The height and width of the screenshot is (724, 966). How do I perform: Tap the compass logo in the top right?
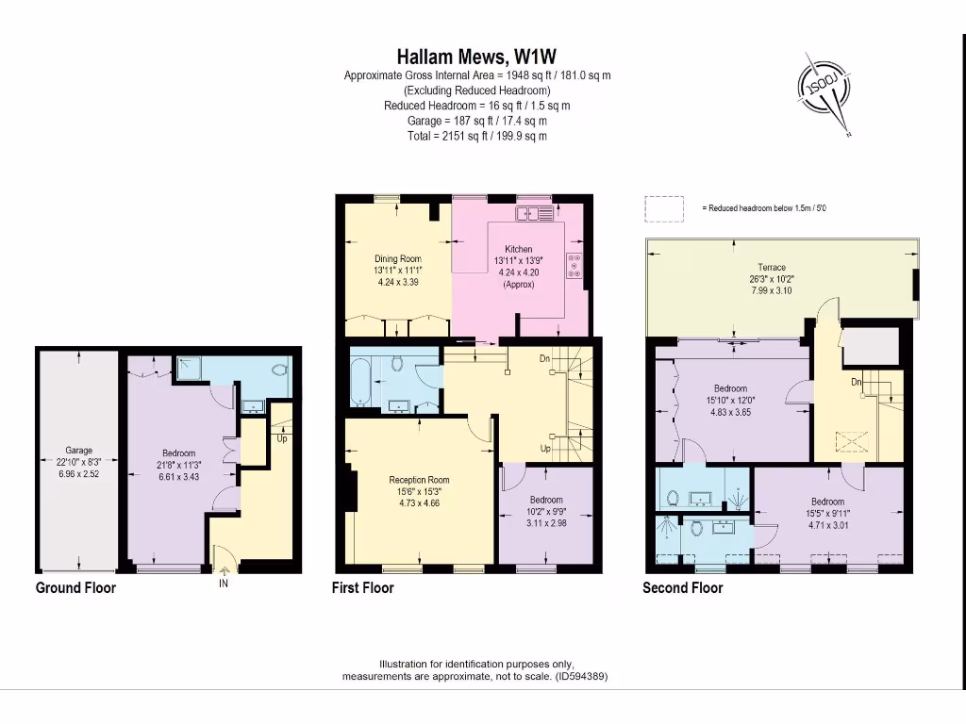[826, 92]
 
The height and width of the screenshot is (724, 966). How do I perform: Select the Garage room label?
[78, 451]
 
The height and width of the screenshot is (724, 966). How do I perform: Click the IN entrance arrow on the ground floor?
[224, 568]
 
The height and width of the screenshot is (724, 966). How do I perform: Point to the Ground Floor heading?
[75, 588]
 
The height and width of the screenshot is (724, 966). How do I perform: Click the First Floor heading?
[362, 588]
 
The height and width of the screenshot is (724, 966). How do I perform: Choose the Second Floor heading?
[682, 588]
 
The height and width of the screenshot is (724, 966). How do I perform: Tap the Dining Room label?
[397, 258]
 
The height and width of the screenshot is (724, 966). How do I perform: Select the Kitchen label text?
[518, 250]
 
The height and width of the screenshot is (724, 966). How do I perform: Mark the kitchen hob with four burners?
[575, 267]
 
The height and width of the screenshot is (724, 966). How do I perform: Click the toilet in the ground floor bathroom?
[279, 370]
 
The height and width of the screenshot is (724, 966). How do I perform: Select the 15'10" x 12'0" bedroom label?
[730, 388]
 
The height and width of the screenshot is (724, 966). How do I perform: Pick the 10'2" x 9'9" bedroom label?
[545, 500]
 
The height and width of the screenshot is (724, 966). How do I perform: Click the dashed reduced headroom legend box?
[664, 208]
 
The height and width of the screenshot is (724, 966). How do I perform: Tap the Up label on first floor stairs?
[545, 449]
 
